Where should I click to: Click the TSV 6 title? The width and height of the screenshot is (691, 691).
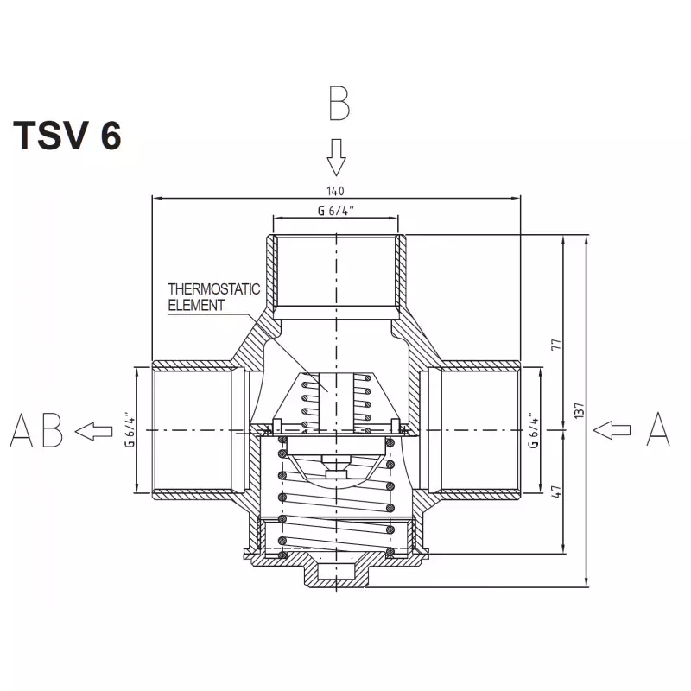click(x=67, y=136)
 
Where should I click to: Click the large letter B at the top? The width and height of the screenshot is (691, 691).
click(x=339, y=103)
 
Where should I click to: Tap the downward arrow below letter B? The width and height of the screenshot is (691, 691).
click(x=336, y=158)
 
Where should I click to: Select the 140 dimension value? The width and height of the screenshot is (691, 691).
click(x=335, y=191)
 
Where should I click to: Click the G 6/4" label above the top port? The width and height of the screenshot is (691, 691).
click(x=336, y=211)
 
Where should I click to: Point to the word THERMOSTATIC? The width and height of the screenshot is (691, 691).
click(x=213, y=289)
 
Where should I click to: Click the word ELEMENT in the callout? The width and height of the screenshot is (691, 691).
click(x=196, y=305)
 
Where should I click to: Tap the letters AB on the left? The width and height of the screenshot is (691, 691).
click(x=36, y=430)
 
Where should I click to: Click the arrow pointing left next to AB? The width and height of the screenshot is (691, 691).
click(x=93, y=431)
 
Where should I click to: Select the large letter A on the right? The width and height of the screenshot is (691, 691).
click(x=658, y=428)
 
